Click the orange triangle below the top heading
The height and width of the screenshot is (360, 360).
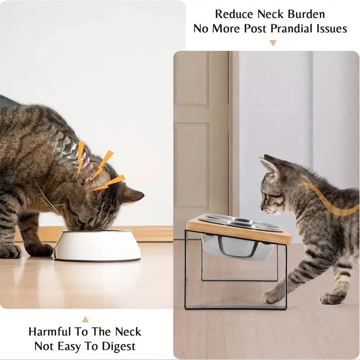[273, 43]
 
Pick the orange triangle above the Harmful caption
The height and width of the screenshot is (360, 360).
[85, 319]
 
